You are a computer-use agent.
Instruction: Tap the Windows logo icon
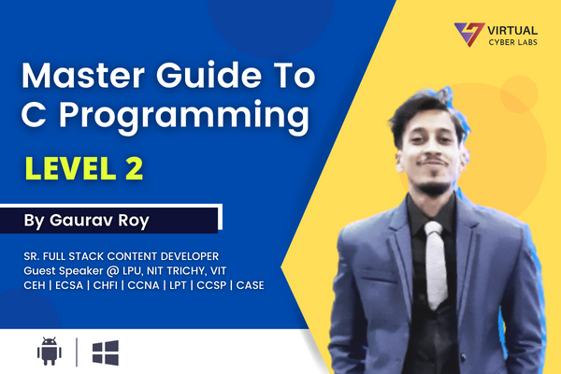(105, 352)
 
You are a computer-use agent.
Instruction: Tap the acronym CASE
(251, 284)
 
